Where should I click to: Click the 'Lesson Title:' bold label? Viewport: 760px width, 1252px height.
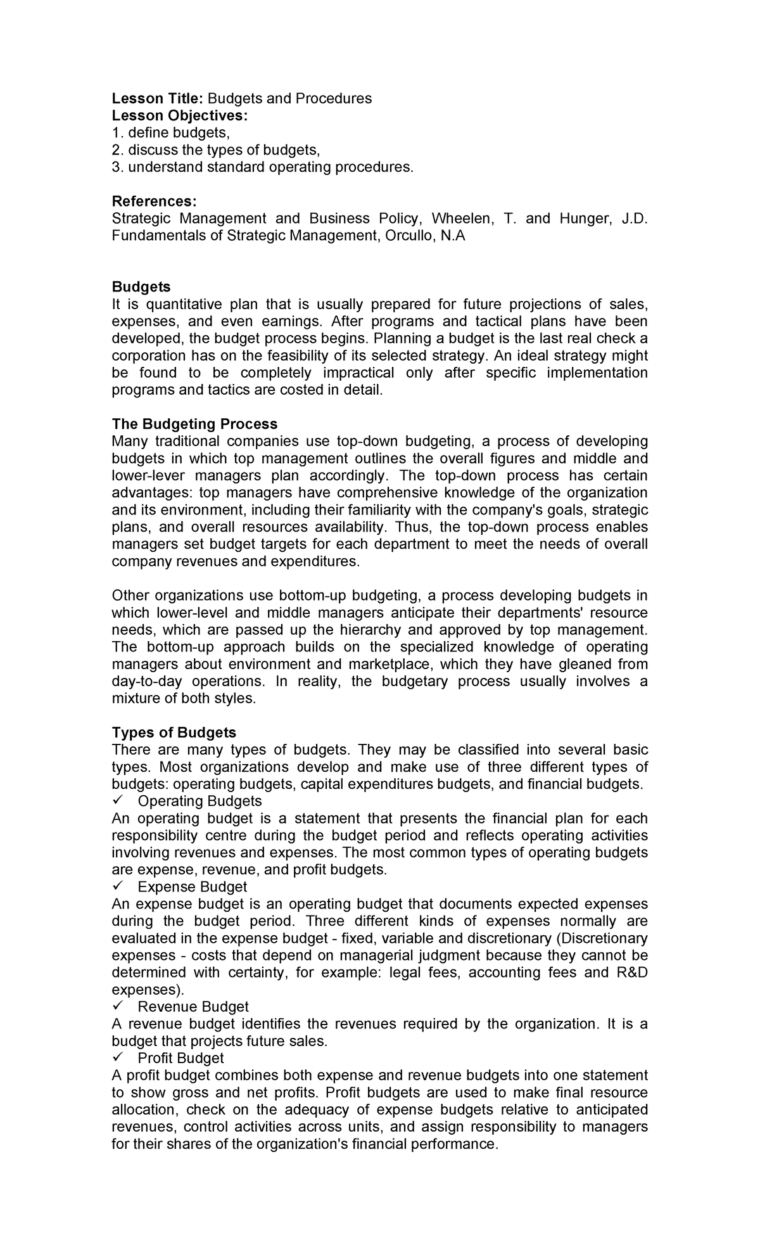click(x=157, y=98)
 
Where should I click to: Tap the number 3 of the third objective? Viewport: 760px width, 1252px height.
click(x=115, y=167)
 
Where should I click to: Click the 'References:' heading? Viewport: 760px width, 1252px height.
click(x=154, y=201)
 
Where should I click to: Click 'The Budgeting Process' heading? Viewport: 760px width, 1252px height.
click(x=194, y=424)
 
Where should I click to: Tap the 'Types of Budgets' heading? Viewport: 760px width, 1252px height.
click(x=174, y=732)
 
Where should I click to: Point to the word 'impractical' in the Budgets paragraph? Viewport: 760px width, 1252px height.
click(x=358, y=373)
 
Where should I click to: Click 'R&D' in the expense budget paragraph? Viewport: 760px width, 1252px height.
click(x=631, y=972)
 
